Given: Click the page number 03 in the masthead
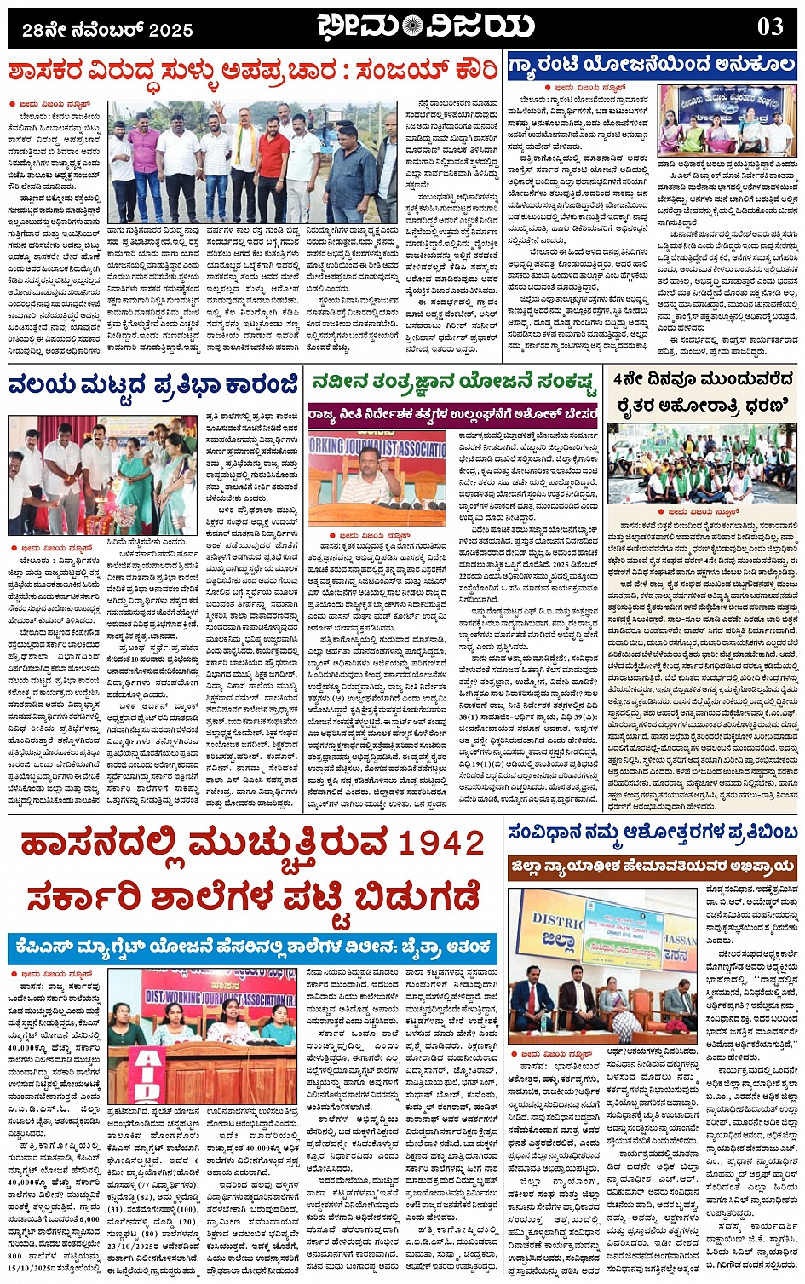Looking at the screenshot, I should tap(770, 26).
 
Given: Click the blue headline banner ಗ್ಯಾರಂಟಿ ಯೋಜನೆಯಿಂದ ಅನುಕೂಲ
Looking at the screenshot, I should tap(652, 65).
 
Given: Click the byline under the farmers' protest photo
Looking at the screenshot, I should tap(703, 511).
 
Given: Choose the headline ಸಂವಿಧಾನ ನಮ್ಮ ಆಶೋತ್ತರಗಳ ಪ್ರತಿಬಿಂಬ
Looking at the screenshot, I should tap(652, 831).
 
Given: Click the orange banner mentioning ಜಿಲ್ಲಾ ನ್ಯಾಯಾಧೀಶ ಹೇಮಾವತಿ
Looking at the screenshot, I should tap(652, 868).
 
